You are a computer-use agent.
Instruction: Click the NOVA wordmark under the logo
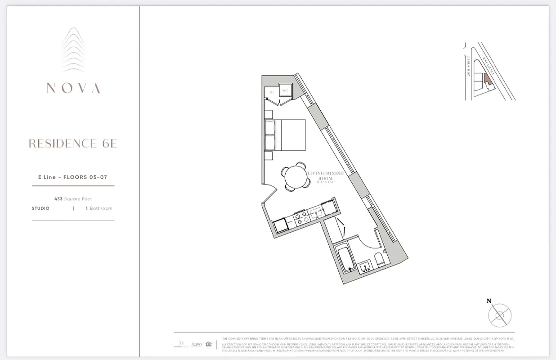(x=73, y=88)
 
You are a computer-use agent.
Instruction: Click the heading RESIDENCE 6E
(x=73, y=144)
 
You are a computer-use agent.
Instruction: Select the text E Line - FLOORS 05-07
(x=72, y=177)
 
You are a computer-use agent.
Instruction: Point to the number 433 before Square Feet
(x=58, y=199)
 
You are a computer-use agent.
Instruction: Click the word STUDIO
(x=40, y=209)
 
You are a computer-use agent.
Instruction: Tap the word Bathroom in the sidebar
(x=101, y=209)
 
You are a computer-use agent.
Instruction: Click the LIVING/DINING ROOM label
(x=325, y=176)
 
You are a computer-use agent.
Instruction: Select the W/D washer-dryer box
(x=285, y=91)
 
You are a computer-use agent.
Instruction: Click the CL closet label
(x=272, y=93)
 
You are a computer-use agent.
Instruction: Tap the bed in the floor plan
(x=286, y=135)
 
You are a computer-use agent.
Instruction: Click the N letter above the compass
(x=489, y=301)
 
